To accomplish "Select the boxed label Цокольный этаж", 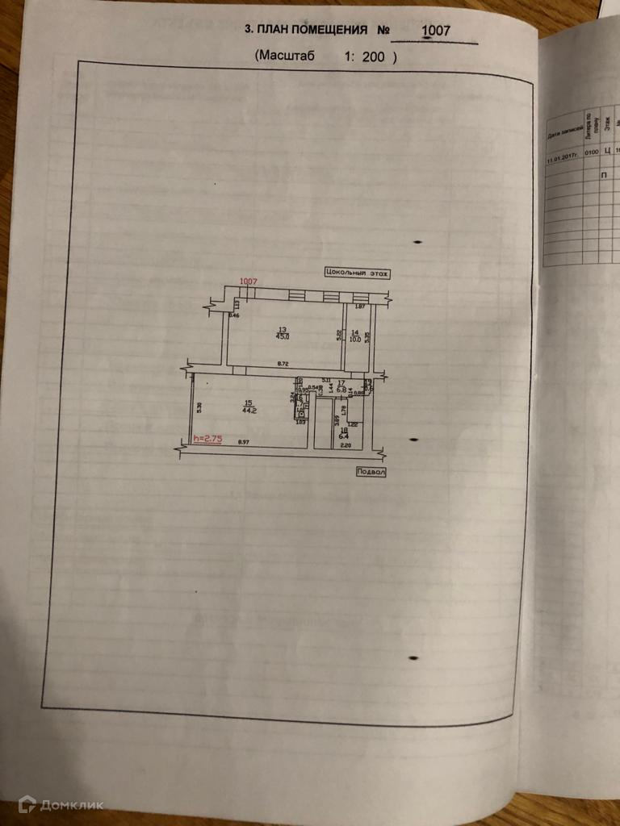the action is (356, 273).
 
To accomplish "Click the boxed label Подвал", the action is (370, 472).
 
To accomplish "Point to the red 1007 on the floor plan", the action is (248, 282).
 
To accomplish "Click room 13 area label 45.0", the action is (283, 337).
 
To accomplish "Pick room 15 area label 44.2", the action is (249, 409).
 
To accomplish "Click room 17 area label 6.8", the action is (341, 390).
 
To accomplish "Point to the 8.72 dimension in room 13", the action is (283, 365).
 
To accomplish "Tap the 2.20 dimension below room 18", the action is (346, 445).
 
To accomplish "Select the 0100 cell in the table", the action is (591, 152).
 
